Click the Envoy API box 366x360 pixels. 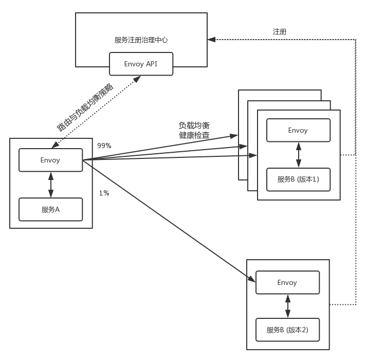141,64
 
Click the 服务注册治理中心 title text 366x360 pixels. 141,40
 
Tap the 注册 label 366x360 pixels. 280,31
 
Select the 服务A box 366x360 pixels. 50,209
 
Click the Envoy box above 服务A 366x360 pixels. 50,160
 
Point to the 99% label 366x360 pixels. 104,146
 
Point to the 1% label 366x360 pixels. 104,193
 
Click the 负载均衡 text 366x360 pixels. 194,125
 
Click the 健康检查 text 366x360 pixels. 194,135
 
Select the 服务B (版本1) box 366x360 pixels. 298,179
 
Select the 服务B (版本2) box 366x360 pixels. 287,330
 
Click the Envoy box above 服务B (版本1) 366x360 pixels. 298,130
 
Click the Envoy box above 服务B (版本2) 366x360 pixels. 287,282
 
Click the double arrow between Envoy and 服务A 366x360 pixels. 50,185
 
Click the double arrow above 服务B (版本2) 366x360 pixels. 288,306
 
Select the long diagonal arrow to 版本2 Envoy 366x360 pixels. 170,221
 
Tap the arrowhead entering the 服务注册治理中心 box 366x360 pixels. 211,39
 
